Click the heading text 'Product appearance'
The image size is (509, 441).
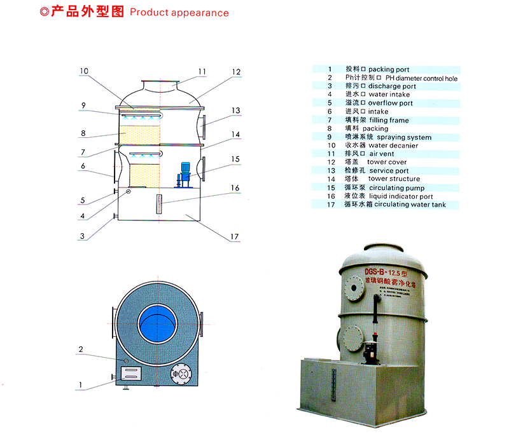[x=179, y=13]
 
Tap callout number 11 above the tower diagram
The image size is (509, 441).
[x=202, y=71]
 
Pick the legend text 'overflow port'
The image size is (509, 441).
[x=390, y=103]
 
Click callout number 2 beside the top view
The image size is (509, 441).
[x=81, y=349]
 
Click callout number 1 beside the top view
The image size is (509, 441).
[x=81, y=384]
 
